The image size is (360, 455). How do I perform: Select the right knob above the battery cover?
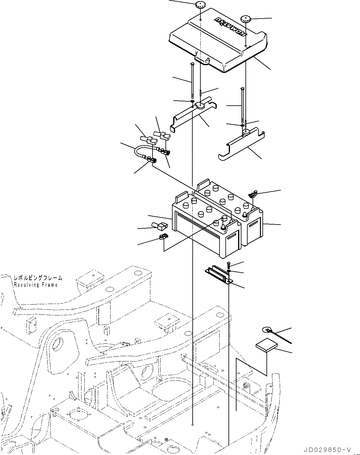pos(246,18)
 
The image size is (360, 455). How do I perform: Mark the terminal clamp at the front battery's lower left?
pos(163,238)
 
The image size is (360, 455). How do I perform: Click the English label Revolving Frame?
pos(36,285)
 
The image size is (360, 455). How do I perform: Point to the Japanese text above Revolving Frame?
pos(38,278)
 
